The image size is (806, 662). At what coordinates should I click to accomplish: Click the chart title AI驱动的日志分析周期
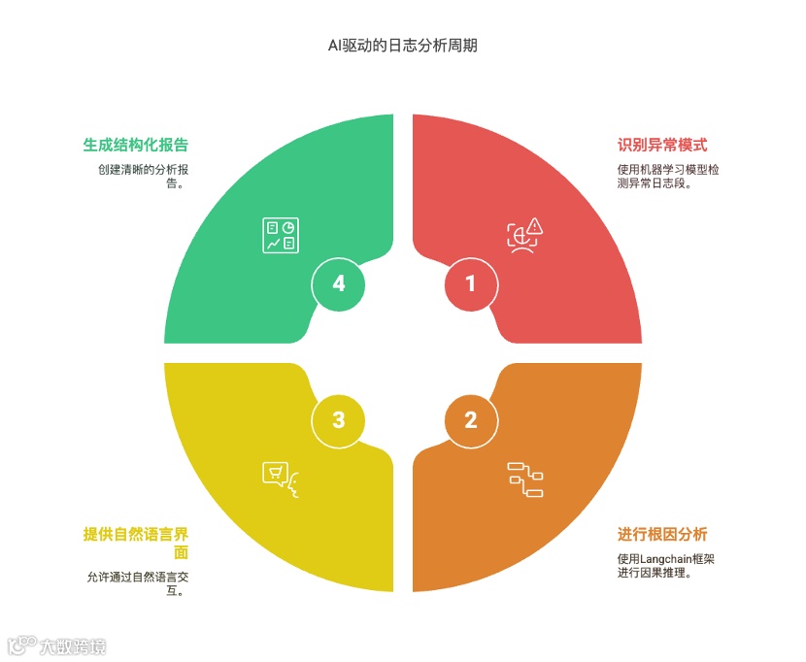coord(402,45)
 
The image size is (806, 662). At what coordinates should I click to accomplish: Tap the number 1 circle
coord(471,283)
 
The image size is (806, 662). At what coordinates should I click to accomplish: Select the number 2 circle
coord(471,420)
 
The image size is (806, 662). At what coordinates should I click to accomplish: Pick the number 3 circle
coord(338,420)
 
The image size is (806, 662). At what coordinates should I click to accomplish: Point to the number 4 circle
coord(338,283)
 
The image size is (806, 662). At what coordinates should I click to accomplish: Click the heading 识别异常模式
coord(662,146)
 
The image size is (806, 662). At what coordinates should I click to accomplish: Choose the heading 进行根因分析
coord(662,535)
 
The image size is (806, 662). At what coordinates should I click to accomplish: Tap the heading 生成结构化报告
coord(135,146)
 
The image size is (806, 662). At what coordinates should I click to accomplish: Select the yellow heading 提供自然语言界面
coord(135,535)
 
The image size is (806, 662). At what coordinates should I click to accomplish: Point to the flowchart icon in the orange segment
coord(525,480)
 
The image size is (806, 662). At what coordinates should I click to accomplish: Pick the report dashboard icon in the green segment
coord(281,235)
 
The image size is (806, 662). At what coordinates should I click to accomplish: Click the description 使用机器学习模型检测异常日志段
coord(667,176)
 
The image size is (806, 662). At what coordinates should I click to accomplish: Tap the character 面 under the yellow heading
coord(181,552)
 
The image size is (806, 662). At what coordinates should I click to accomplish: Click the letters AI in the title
coord(335,45)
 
